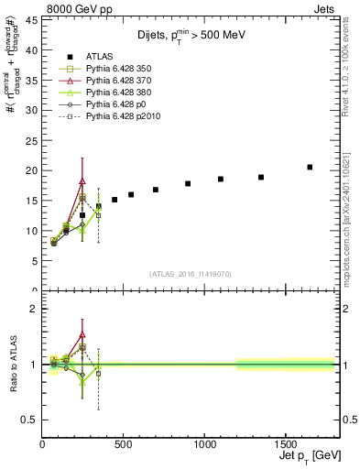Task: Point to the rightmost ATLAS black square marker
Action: click(310, 167)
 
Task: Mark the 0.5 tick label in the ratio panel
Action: click(27, 420)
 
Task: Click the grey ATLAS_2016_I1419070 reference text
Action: click(189, 273)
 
